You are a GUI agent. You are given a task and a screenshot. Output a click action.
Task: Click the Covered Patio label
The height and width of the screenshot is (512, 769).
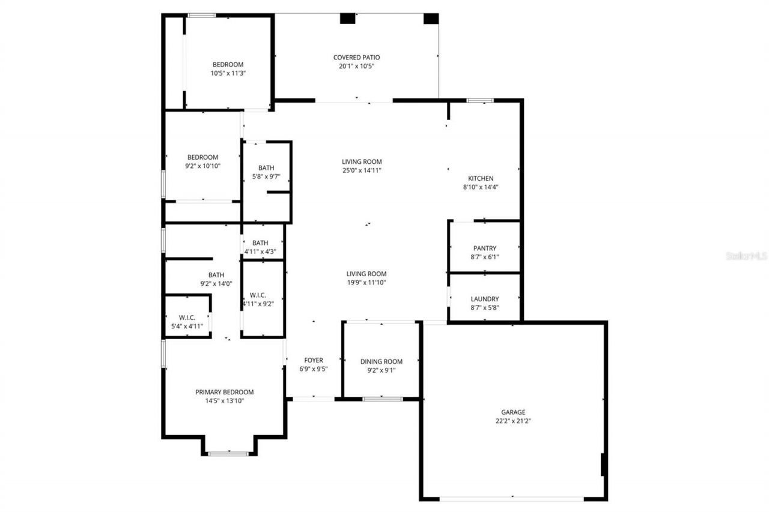tap(356, 58)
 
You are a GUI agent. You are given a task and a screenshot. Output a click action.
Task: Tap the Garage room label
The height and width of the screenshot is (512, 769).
tap(513, 412)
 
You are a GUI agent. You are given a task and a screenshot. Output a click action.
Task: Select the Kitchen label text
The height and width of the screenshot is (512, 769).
tap(481, 178)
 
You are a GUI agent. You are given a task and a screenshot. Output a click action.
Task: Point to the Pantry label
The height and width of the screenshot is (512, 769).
tap(485, 248)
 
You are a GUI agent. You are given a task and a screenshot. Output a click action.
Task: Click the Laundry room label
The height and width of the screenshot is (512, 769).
tap(485, 299)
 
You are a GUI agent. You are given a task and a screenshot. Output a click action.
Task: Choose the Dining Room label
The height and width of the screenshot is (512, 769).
tap(381, 361)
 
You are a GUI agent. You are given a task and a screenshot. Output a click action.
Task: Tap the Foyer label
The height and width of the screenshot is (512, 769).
tap(314, 360)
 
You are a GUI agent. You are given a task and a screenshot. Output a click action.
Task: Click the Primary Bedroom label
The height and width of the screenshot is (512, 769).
tap(224, 392)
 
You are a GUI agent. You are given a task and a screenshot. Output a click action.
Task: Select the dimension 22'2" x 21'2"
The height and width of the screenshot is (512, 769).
tap(513, 421)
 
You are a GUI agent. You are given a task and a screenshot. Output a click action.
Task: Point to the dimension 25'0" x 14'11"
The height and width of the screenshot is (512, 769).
tap(362, 170)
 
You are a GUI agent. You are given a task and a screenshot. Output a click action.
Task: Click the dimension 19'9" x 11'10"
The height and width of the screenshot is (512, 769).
tap(366, 283)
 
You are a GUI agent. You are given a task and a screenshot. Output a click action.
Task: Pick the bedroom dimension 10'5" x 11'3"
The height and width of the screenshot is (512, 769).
tap(228, 73)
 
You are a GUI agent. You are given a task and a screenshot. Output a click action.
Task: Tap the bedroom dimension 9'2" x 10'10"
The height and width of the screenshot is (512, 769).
tap(203, 166)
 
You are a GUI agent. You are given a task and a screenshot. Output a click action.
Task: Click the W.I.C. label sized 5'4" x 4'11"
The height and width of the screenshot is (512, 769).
tap(187, 318)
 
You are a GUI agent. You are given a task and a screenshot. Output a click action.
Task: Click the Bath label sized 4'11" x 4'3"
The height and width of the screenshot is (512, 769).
tap(260, 242)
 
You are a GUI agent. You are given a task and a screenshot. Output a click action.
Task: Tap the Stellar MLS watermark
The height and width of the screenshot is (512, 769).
tap(747, 256)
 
